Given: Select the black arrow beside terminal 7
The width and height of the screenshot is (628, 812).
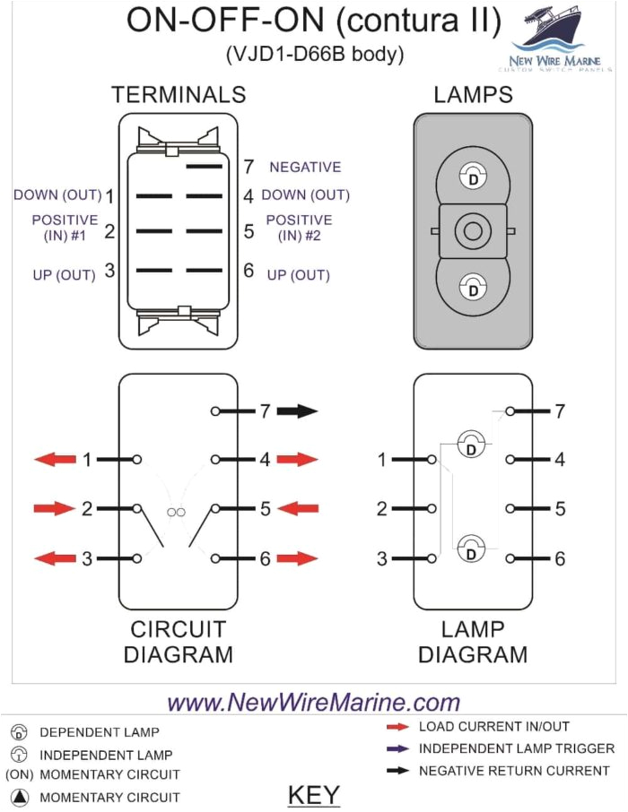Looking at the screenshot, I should (x=297, y=411).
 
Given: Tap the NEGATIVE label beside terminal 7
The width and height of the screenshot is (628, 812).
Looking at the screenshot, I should (x=305, y=167).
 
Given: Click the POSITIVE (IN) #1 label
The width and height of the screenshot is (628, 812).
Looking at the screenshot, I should (x=65, y=228).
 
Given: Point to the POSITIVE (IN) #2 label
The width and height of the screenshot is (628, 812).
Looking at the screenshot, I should (x=299, y=228).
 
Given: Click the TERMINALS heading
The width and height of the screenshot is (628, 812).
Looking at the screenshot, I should (x=178, y=95).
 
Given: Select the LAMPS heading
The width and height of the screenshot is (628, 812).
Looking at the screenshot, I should (x=473, y=95).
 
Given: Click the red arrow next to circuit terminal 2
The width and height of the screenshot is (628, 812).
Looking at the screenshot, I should (x=54, y=509).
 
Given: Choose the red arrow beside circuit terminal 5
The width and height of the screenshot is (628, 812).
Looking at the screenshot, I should (x=298, y=509).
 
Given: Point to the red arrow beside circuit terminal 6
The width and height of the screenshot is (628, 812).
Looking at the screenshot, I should (x=298, y=559).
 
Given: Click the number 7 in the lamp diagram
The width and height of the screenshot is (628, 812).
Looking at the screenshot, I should (x=559, y=411).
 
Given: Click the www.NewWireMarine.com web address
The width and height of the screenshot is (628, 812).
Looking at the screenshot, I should (x=313, y=702).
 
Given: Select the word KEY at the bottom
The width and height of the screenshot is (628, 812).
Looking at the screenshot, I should (x=313, y=795).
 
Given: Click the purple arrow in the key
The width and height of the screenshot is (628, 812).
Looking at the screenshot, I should (x=397, y=748).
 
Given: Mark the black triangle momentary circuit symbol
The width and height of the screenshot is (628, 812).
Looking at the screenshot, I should (x=20, y=797).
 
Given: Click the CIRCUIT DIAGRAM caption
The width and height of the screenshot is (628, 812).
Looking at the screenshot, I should (x=178, y=642).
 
